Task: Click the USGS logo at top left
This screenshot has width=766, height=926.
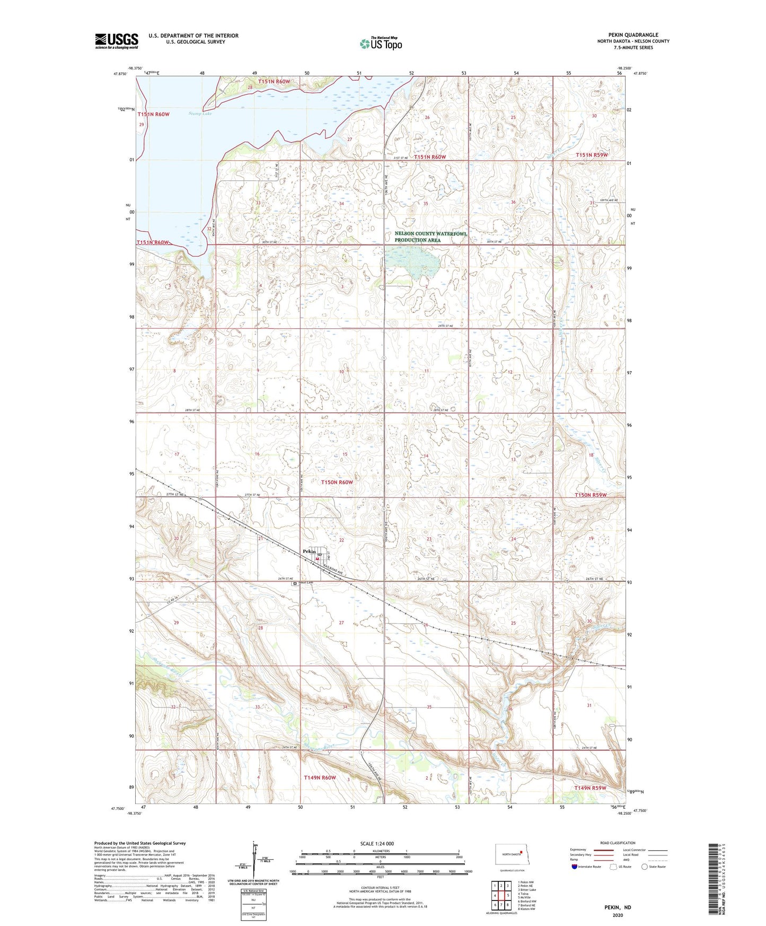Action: (116, 41)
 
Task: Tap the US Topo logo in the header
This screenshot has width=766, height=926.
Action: (381, 43)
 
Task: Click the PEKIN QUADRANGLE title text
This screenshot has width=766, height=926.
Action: (633, 34)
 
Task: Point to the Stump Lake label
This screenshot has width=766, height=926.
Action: (199, 113)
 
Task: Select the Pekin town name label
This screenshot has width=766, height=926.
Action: (309, 551)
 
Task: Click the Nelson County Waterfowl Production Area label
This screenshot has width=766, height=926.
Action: (430, 237)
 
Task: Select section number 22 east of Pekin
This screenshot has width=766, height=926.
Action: (341, 540)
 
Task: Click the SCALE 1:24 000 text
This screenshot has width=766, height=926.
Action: (377, 843)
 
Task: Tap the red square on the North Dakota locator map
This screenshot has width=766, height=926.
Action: (521, 853)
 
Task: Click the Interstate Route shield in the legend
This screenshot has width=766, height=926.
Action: (575, 867)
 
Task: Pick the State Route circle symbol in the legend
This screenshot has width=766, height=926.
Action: (645, 867)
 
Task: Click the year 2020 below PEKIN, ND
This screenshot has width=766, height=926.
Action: (618, 915)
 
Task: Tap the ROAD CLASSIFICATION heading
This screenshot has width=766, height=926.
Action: (618, 843)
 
